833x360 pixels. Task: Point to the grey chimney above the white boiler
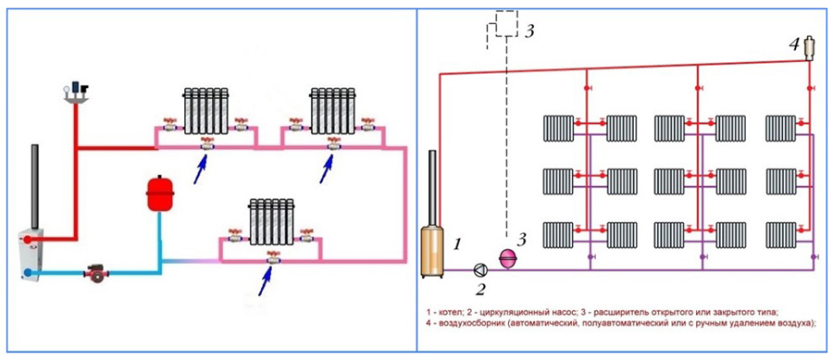coord(35,187)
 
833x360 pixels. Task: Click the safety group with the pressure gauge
coord(77,92)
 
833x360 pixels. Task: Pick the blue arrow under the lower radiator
coord(267,281)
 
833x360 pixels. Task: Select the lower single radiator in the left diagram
coord(272,221)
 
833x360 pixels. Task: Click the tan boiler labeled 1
coord(433,251)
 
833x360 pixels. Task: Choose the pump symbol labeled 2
coord(480,269)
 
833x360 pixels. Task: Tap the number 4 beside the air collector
coord(794,45)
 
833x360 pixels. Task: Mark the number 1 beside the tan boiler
coord(458,244)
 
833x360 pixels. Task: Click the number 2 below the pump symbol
coord(480,290)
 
